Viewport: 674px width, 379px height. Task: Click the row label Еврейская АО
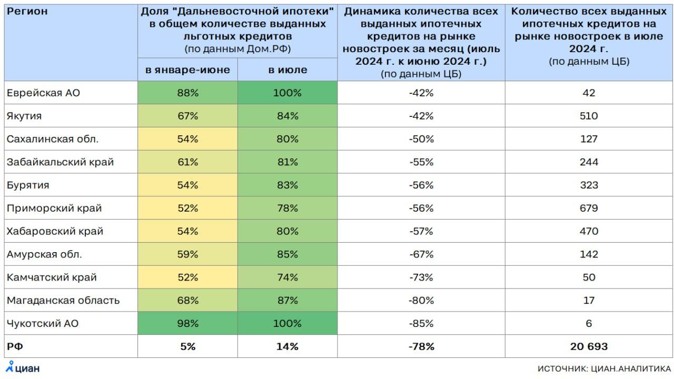click(x=43, y=93)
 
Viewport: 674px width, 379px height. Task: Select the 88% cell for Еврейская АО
click(x=187, y=93)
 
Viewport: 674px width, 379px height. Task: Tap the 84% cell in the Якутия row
click(x=287, y=116)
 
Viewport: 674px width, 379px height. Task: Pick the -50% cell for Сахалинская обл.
click(x=421, y=139)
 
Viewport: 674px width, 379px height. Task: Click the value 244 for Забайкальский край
click(x=589, y=162)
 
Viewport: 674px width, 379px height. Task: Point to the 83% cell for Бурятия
click(x=287, y=185)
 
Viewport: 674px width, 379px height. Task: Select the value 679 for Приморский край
click(x=589, y=208)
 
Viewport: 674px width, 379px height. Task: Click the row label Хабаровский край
click(x=55, y=231)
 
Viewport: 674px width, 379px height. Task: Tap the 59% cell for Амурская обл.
click(x=187, y=254)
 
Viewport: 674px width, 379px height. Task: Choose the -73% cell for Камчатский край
click(x=421, y=277)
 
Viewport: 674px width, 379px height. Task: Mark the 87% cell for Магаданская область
click(x=287, y=301)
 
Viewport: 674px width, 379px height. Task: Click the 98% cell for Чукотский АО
click(x=187, y=323)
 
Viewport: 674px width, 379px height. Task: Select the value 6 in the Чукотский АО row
click(x=589, y=323)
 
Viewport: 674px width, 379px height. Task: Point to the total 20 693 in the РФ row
click(x=589, y=346)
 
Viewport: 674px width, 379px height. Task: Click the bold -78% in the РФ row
click(x=421, y=346)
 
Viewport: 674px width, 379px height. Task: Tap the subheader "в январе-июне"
click(x=187, y=70)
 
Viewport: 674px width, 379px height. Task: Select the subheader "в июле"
click(x=287, y=70)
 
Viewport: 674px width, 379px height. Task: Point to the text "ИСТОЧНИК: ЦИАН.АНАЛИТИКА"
click(x=604, y=368)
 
